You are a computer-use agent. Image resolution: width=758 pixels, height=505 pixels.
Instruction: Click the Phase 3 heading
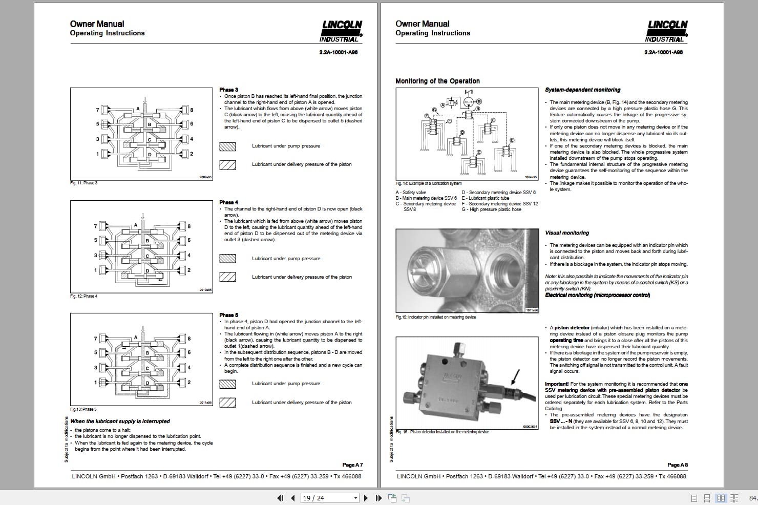pyautogui.click(x=228, y=90)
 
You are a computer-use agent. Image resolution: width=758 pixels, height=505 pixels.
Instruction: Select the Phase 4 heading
pyautogui.click(x=228, y=202)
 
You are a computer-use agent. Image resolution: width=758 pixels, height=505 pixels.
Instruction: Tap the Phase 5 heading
pyautogui.click(x=228, y=315)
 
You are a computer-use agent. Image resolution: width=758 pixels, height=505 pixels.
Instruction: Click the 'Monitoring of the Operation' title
pyautogui.click(x=437, y=81)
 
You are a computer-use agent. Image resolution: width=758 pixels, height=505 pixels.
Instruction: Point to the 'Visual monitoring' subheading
pyautogui.click(x=567, y=233)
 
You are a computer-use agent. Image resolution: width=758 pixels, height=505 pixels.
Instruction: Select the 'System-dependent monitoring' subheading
pyautogui.click(x=582, y=90)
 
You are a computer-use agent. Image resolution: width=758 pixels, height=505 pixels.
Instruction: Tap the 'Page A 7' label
pyautogui.click(x=352, y=465)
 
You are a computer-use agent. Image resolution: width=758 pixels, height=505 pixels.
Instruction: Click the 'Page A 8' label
pyautogui.click(x=678, y=465)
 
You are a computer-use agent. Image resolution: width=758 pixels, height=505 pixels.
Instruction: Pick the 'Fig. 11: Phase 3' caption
pyautogui.click(x=83, y=183)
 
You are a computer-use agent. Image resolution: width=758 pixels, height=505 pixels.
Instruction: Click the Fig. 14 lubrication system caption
pyautogui.click(x=428, y=183)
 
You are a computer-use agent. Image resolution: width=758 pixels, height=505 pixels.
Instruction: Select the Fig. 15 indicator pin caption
pyautogui.click(x=435, y=317)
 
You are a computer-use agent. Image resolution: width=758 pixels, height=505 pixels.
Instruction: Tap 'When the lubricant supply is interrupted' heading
pyautogui.click(x=120, y=421)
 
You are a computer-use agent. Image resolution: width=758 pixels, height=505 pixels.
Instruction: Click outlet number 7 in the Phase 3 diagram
pyautogui.click(x=97, y=110)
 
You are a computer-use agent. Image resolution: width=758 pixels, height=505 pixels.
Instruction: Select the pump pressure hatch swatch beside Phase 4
pyautogui.click(x=227, y=259)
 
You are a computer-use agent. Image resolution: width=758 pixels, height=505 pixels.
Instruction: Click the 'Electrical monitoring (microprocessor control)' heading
pyautogui.click(x=597, y=295)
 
